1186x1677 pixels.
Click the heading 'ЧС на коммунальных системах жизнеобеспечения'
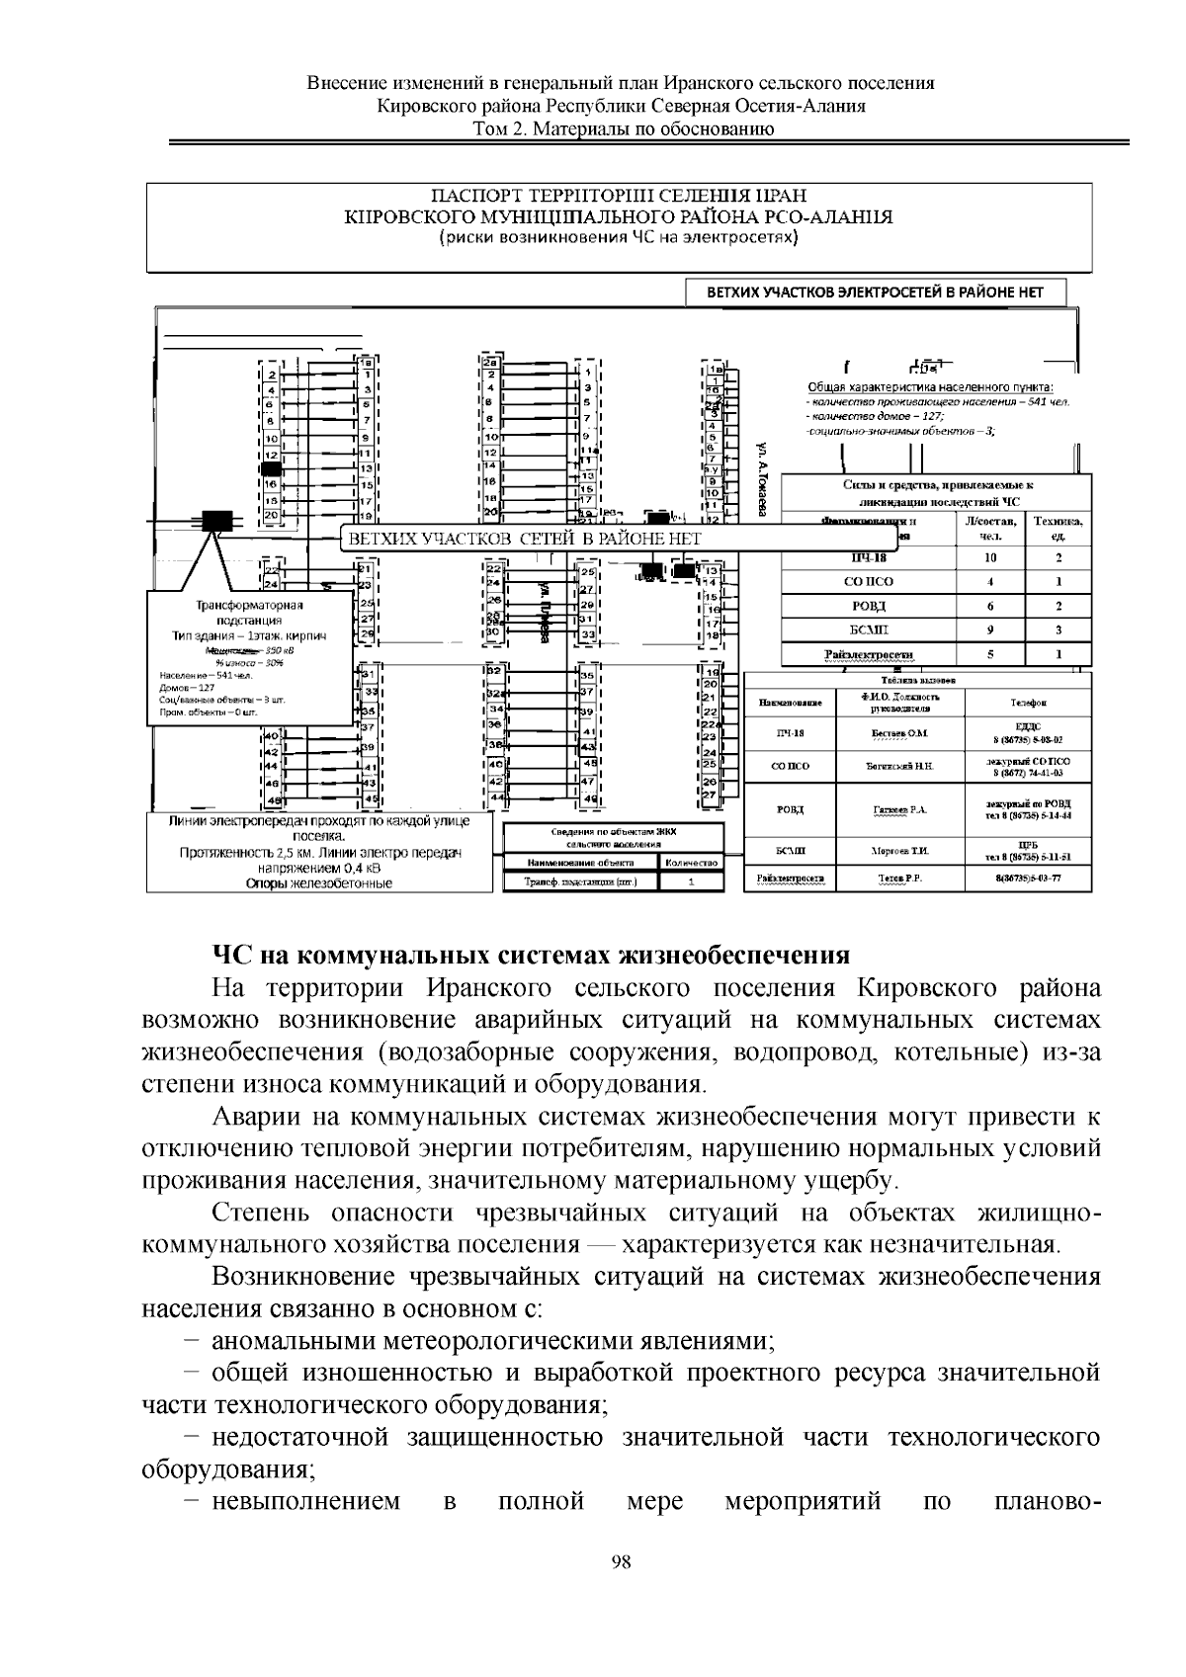(x=531, y=955)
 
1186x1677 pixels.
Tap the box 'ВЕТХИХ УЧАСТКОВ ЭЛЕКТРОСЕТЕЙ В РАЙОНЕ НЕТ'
(x=878, y=293)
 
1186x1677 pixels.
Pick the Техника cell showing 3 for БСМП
(x=1059, y=629)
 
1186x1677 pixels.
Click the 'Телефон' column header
(x=1028, y=703)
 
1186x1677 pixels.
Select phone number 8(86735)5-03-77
(x=1028, y=879)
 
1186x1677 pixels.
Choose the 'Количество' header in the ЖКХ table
(x=692, y=863)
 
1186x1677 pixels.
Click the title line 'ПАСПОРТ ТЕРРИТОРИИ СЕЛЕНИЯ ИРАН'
(x=621, y=197)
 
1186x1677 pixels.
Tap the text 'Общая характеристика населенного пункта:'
(x=930, y=387)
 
